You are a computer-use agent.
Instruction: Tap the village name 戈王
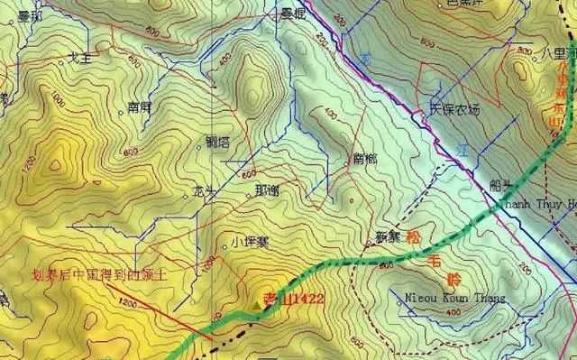(x=78, y=59)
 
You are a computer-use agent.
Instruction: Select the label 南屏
(x=140, y=106)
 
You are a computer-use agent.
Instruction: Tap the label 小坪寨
(x=246, y=241)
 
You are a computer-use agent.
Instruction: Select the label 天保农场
(x=454, y=110)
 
